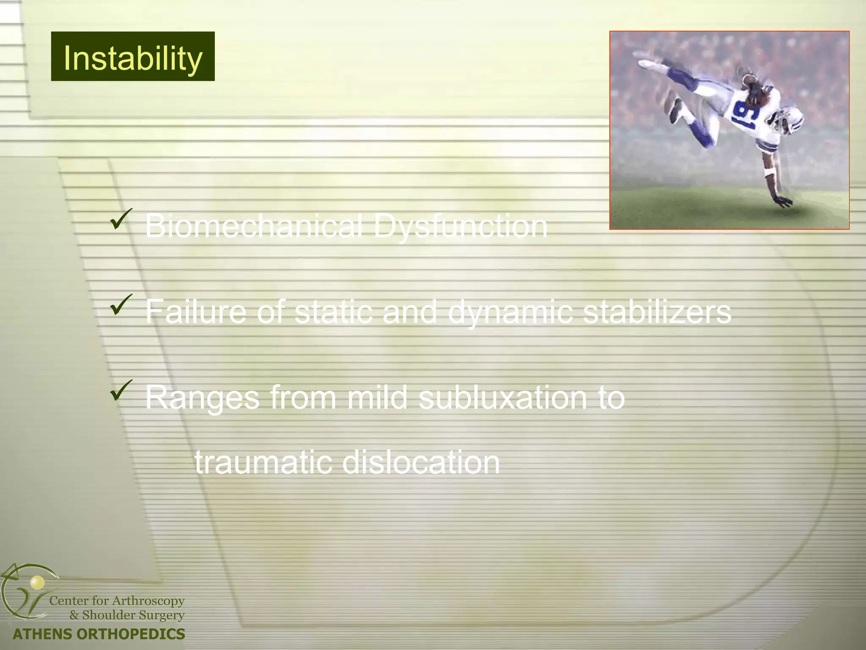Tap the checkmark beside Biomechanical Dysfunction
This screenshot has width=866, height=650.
point(121,219)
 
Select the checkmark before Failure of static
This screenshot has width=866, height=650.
point(121,305)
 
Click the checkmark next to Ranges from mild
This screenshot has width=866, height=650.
point(121,391)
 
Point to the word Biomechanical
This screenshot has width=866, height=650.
point(254,226)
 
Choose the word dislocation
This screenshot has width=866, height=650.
point(421,462)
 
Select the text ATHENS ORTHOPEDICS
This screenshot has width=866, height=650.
point(99,634)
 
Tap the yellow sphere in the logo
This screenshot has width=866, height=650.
point(37,583)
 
